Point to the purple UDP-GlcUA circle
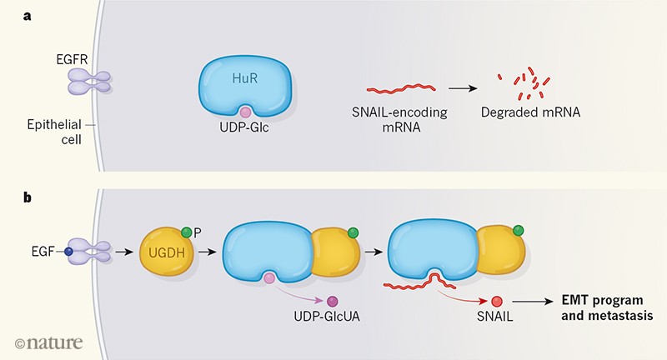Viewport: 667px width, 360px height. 332,301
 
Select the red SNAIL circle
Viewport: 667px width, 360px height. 497,302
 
